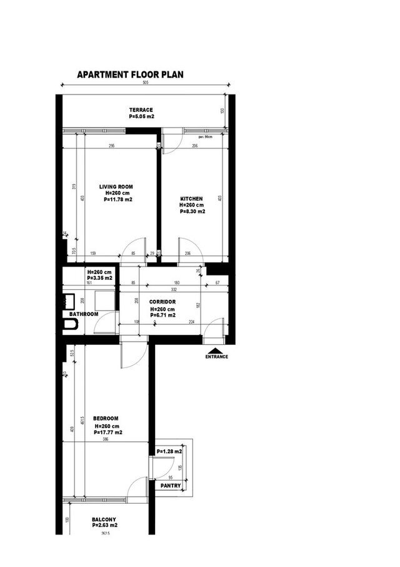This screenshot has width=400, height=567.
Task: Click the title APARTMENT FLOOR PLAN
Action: [x=129, y=75]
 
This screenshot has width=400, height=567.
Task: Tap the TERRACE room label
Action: [x=141, y=110]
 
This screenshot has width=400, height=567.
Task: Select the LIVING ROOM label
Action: [x=116, y=186]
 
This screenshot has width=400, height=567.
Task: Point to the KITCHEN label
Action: [x=191, y=198]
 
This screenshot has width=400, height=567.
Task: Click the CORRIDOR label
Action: [x=162, y=302]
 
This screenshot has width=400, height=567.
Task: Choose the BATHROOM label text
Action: [x=84, y=314]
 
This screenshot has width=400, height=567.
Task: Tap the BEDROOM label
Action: [x=106, y=419]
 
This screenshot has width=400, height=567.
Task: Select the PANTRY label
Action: [x=171, y=486]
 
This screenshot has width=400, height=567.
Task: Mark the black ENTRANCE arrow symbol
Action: [x=216, y=350]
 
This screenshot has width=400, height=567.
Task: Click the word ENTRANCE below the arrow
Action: [x=216, y=357]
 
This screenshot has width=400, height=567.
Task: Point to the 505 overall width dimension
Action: [x=145, y=83]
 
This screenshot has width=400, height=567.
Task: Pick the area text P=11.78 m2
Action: [x=118, y=199]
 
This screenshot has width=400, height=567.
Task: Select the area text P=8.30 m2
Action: [x=192, y=212]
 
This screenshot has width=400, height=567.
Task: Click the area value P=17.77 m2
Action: [x=107, y=432]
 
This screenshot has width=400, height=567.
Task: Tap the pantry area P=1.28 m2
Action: [x=169, y=451]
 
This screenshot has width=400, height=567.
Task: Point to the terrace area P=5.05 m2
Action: [x=141, y=116]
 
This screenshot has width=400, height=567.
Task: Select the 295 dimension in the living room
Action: [x=111, y=146]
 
